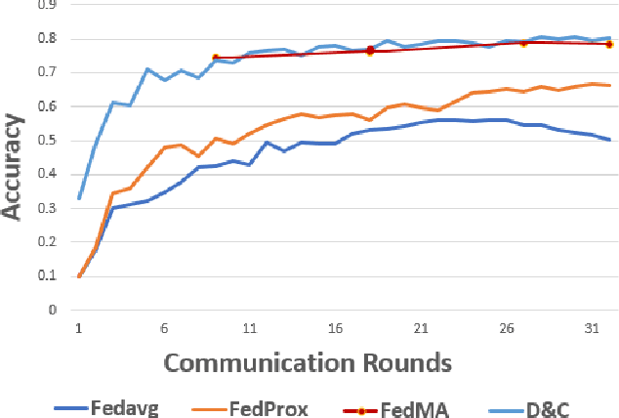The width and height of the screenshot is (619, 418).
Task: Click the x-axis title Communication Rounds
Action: [308, 362]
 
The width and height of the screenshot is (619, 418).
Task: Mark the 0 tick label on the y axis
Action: [52, 310]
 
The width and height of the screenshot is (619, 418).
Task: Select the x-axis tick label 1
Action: [79, 330]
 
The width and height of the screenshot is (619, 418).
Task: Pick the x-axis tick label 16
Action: [335, 330]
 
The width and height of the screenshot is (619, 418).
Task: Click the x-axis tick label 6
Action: [164, 330]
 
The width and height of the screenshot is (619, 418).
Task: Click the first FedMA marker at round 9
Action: [216, 58]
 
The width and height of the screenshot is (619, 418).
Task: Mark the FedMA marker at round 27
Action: [523, 43]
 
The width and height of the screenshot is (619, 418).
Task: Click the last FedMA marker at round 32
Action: [609, 44]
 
